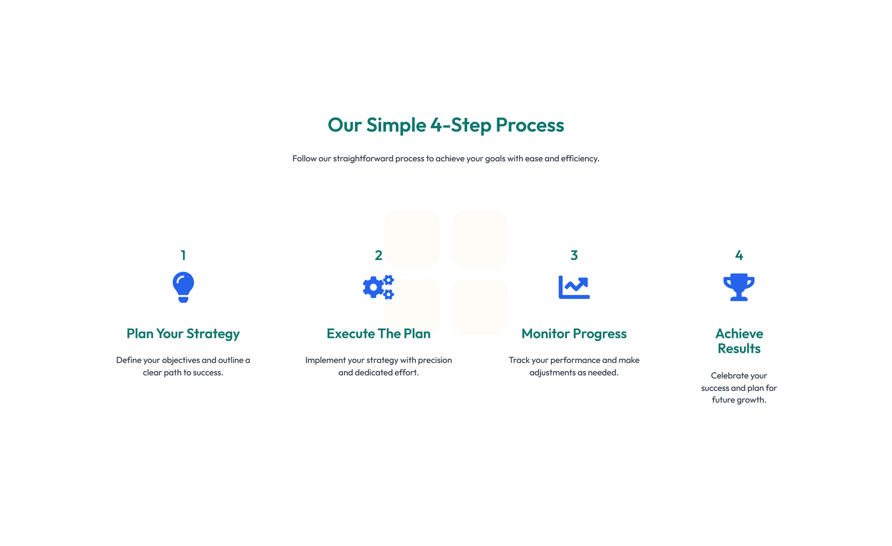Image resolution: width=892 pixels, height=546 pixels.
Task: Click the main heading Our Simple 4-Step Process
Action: tap(445, 125)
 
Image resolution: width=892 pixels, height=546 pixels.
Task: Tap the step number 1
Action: tap(183, 255)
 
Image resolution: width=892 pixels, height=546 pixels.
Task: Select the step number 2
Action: tap(379, 255)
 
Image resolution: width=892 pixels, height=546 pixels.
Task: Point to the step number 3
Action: tap(574, 255)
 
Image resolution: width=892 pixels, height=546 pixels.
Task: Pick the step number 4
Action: tap(739, 255)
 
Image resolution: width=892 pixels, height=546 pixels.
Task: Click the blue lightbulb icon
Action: tap(183, 287)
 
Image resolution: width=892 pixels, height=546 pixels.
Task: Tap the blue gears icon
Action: tap(379, 287)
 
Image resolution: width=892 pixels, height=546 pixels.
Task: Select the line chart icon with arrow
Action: tap(574, 287)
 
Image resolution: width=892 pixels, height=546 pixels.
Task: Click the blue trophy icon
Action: tap(739, 287)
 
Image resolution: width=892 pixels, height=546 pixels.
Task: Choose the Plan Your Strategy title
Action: tap(183, 334)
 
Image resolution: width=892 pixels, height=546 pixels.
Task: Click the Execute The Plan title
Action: tap(379, 334)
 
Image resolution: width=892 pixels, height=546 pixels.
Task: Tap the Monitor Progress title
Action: tap(574, 334)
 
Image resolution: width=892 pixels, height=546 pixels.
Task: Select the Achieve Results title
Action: tap(739, 341)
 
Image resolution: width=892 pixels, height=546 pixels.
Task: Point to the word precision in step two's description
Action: tap(435, 360)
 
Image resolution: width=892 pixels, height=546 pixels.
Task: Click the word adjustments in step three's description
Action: tap(551, 372)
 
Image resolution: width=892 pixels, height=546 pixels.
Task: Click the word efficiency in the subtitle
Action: tap(580, 159)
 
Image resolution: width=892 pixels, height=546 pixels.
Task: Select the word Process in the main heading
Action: tap(530, 125)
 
